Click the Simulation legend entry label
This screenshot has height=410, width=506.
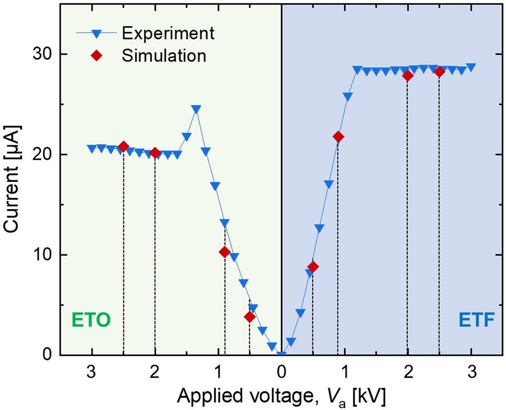click(x=164, y=55)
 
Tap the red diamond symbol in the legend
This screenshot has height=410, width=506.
click(x=96, y=55)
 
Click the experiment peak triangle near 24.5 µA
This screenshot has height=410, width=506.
click(x=196, y=109)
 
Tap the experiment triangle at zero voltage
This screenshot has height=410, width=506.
click(x=281, y=355)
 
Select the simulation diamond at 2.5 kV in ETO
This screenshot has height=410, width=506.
click(x=123, y=146)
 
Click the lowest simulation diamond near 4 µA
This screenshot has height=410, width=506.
click(x=250, y=317)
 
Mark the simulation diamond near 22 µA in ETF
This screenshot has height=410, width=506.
click(x=338, y=137)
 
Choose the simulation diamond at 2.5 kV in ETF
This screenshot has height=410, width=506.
click(x=439, y=72)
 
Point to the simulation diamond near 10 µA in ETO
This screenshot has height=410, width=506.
click(x=225, y=252)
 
